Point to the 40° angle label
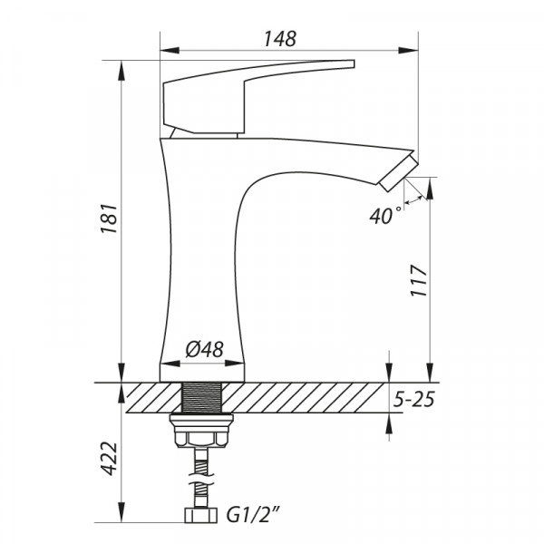(x=384, y=216)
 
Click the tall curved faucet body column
(x=195, y=254)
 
